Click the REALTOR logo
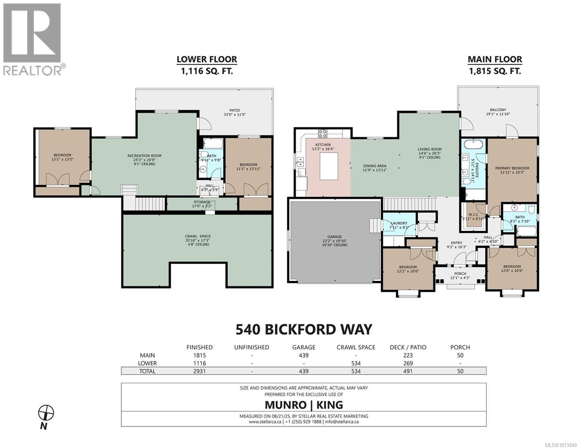(x=33, y=39)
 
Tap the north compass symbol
(x=46, y=413)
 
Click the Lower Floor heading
(x=207, y=59)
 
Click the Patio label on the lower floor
(x=235, y=112)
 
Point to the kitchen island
(x=329, y=166)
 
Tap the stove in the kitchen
(x=323, y=133)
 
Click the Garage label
(x=334, y=240)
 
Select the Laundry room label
(x=399, y=225)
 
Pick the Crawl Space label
(x=198, y=240)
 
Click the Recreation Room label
(x=144, y=160)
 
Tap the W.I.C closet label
(x=473, y=217)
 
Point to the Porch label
(x=460, y=276)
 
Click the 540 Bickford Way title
(x=304, y=329)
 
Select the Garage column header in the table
(x=304, y=347)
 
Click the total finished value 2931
(x=199, y=371)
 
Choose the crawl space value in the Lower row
(x=356, y=363)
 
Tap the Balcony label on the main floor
(x=498, y=112)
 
